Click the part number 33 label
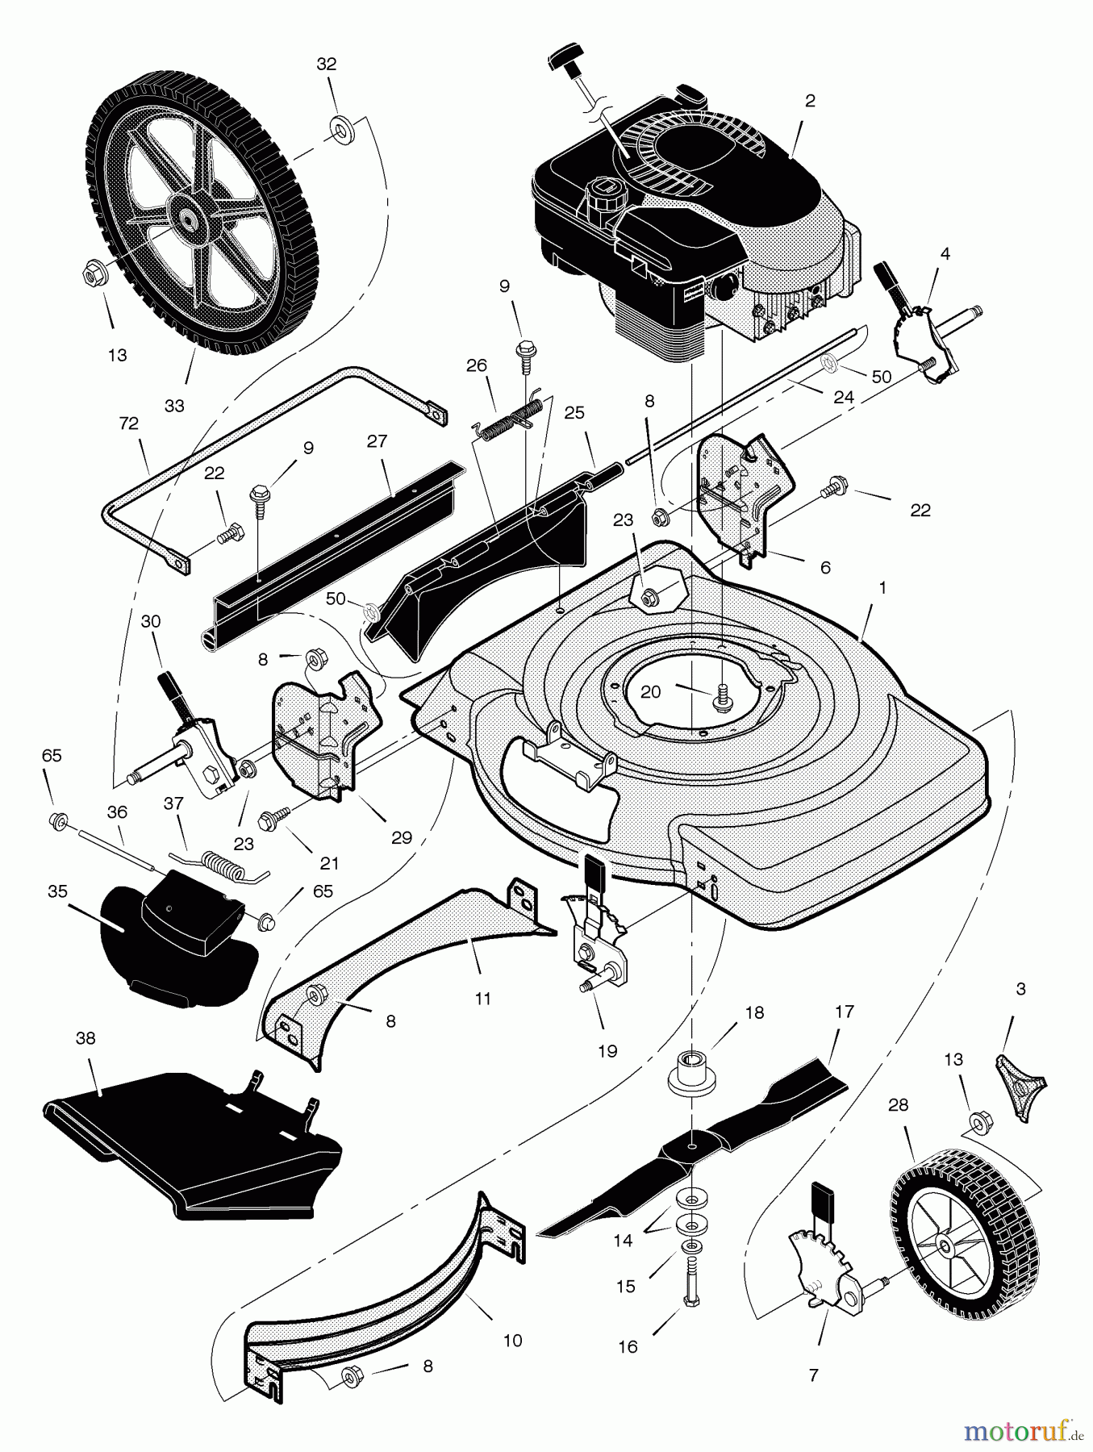(174, 406)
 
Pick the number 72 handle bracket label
(128, 423)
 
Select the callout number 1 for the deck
(882, 589)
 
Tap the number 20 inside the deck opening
(651, 691)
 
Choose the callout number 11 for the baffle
(482, 999)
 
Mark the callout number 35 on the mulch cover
(57, 891)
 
